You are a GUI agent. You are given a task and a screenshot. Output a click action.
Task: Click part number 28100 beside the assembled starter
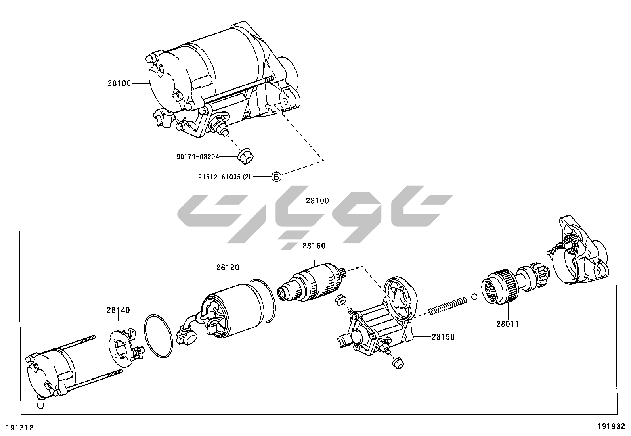119,83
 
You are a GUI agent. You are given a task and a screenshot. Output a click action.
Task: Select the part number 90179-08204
198,157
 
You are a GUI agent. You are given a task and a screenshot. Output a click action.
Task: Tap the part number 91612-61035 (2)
224,177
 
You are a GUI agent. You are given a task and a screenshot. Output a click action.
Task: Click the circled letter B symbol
276,177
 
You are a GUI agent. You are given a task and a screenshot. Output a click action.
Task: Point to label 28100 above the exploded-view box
317,201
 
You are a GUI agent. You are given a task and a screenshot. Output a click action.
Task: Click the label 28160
314,246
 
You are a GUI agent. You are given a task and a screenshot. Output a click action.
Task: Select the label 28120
228,268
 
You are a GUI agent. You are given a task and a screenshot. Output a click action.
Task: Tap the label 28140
118,310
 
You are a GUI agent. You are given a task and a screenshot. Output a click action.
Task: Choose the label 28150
443,337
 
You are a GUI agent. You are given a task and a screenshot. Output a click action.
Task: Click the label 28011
507,324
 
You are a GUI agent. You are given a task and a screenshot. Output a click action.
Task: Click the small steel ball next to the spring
474,296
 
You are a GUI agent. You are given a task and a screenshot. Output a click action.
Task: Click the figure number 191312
19,428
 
